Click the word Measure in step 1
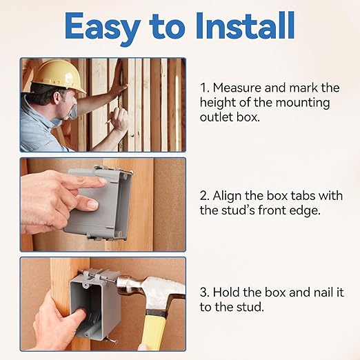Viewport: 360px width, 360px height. (239, 88)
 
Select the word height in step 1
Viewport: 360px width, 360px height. (219, 103)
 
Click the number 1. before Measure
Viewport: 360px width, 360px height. (204, 88)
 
